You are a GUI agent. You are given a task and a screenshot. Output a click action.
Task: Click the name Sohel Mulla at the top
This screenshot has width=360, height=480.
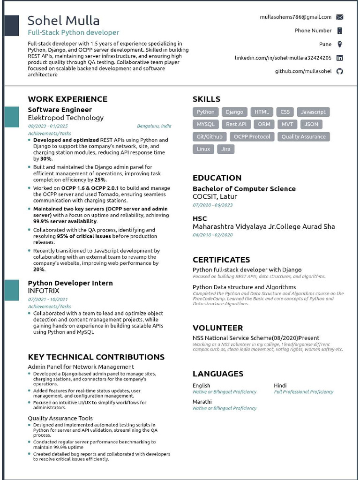pos(64,21)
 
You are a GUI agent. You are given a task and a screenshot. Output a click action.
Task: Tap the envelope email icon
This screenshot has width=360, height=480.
pos(340,17)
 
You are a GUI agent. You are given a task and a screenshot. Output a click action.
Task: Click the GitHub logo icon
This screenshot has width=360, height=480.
pos(340,71)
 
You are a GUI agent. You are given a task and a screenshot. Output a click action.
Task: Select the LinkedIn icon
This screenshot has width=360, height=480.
pos(340,58)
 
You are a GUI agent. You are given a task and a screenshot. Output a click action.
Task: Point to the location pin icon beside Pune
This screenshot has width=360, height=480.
pos(340,44)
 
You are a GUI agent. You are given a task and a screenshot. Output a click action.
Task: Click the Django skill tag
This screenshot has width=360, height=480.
pos(234,112)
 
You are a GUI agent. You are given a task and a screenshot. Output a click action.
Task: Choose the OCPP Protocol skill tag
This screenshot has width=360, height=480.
pos(252,137)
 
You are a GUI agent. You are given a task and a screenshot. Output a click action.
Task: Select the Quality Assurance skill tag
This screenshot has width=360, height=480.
pos(303,137)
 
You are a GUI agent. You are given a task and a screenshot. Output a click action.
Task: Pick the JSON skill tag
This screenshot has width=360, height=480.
pos(311,124)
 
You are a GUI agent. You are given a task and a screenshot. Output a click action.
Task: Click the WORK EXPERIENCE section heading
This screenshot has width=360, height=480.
pos(67,99)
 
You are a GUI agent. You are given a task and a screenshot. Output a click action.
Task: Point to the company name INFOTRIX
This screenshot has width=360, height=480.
pos(44,291)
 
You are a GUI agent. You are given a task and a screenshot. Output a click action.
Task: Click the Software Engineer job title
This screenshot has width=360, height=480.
pos(60,110)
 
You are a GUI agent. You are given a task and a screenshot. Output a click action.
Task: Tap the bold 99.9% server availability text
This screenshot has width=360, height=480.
pos(65,221)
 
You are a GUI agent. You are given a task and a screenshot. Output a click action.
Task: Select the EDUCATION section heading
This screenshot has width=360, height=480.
pos(217,178)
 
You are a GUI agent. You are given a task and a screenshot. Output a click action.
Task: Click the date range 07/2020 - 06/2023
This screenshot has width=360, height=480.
pos(213,205)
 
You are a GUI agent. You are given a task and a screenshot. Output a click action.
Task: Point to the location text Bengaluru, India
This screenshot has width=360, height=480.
pos(154,126)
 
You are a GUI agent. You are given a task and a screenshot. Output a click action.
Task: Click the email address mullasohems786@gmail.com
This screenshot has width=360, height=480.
pos(296,17)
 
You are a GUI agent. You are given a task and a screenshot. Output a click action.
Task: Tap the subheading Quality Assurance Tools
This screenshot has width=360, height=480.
pos(60,418)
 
